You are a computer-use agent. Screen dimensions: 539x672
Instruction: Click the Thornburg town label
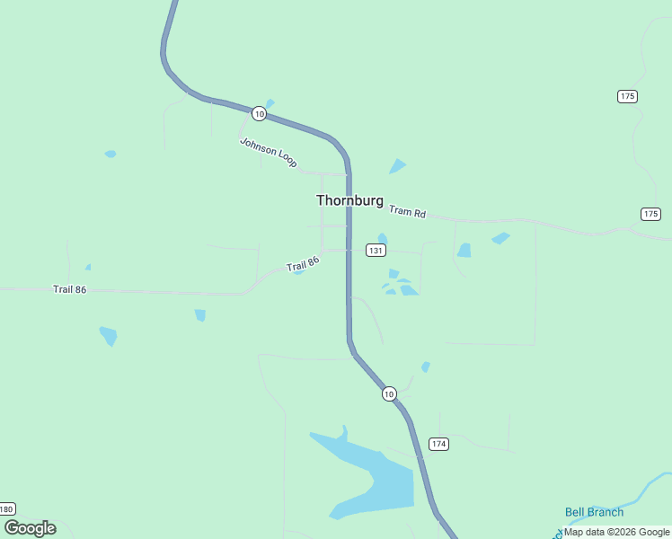pyautogui.click(x=349, y=200)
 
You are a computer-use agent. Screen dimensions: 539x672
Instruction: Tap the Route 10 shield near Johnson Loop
pyautogui.click(x=259, y=113)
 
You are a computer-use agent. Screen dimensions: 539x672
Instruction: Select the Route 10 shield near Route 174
pyautogui.click(x=388, y=393)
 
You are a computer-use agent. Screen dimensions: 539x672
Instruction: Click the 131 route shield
pyautogui.click(x=376, y=250)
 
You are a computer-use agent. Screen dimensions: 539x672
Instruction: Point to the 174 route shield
pyautogui.click(x=438, y=444)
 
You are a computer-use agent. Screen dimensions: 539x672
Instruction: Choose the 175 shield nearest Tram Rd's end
pyautogui.click(x=651, y=214)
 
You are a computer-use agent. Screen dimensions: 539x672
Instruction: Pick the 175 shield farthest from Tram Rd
pyautogui.click(x=627, y=96)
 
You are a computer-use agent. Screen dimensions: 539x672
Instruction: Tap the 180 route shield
pyautogui.click(x=6, y=509)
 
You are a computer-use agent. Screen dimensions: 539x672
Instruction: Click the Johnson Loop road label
pyautogui.click(x=268, y=152)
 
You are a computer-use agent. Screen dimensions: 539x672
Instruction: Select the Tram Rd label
pyautogui.click(x=408, y=212)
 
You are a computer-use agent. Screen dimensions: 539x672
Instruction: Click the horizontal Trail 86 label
pyautogui.click(x=69, y=289)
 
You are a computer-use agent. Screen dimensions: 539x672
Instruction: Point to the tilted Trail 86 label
pyautogui.click(x=303, y=265)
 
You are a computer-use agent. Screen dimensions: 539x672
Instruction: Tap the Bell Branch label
pyautogui.click(x=594, y=512)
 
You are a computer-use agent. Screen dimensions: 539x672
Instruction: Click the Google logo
pyautogui.click(x=30, y=528)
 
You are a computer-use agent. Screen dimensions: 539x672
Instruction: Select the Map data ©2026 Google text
pyautogui.click(x=617, y=532)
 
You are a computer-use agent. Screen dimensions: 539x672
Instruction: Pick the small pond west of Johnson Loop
pyautogui.click(x=111, y=154)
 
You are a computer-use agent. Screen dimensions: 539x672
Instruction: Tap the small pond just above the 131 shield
pyautogui.click(x=383, y=238)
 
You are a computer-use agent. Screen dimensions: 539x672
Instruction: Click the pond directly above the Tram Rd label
pyautogui.click(x=397, y=166)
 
